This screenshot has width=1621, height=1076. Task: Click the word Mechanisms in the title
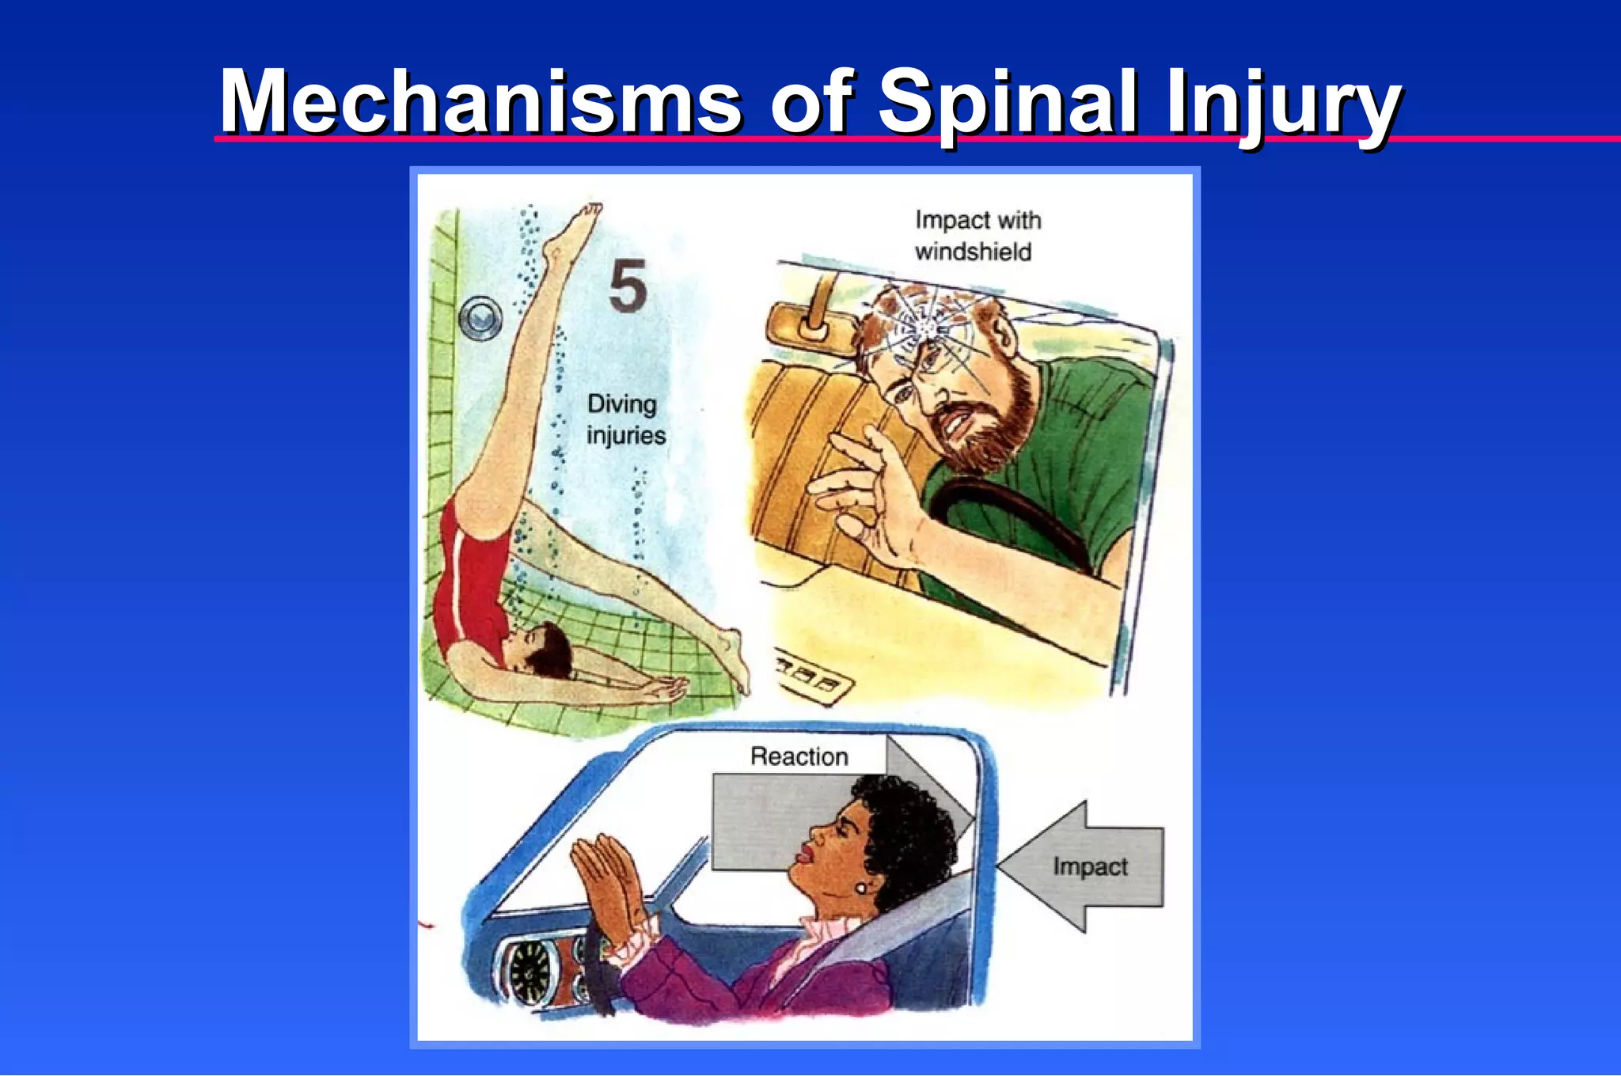(x=480, y=103)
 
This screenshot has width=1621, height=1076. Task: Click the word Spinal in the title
(x=1008, y=103)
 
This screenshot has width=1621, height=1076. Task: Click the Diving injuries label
(x=625, y=420)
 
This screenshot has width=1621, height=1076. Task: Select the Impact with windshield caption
(x=977, y=235)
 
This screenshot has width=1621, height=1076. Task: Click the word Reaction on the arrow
(x=799, y=756)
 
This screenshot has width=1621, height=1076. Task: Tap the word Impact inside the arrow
(x=1090, y=866)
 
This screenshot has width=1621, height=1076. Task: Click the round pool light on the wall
(x=480, y=317)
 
